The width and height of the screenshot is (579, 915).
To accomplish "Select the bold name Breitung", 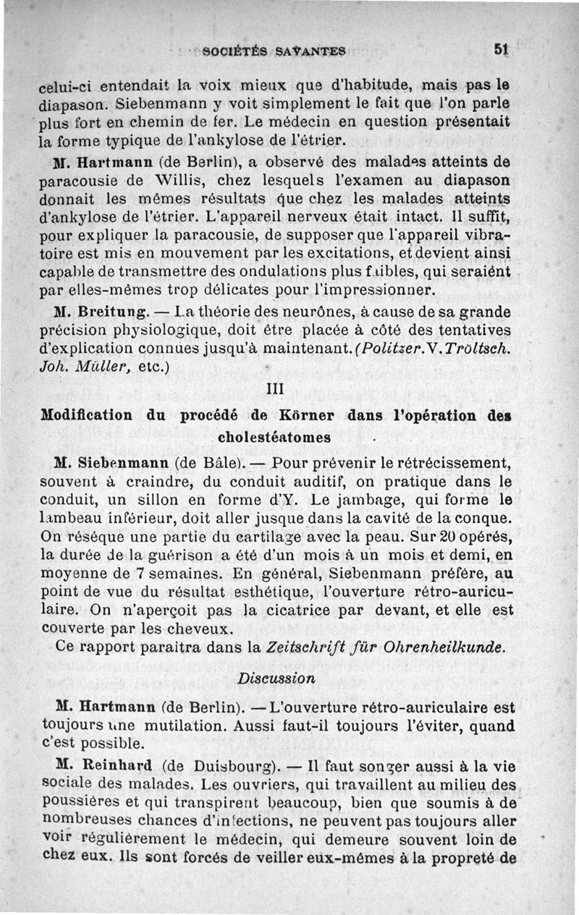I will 114,313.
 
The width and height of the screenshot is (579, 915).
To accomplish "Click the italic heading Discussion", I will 276,678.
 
